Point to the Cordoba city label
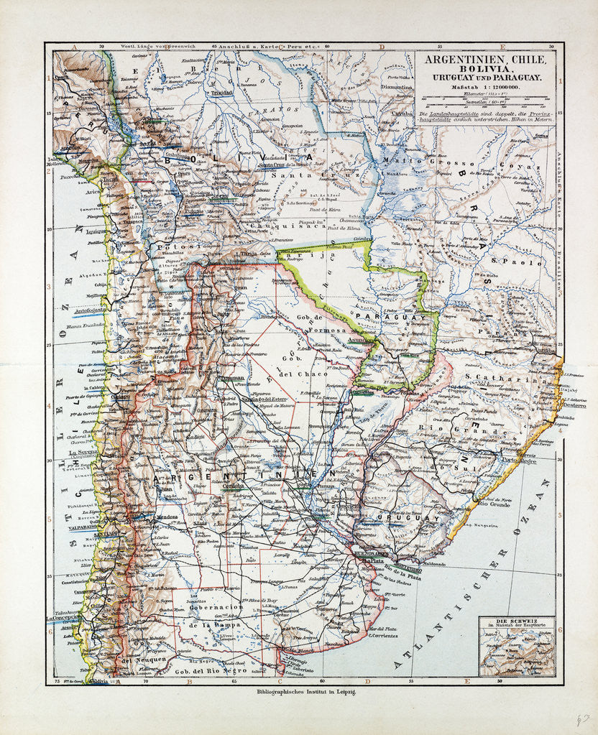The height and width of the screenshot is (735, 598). coord(234,485)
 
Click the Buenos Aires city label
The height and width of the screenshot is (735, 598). coord(372,555)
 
